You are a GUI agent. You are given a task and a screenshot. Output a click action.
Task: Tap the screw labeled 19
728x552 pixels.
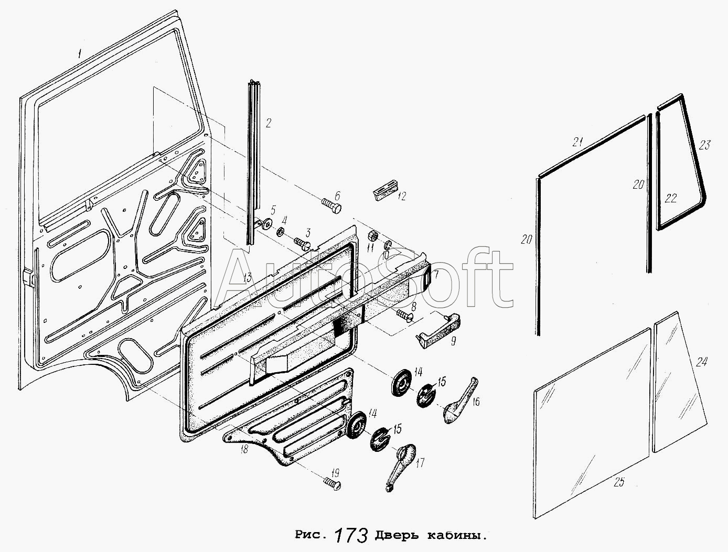pos(332,483)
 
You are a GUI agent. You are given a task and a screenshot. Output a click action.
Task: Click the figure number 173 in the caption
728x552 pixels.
pos(350,536)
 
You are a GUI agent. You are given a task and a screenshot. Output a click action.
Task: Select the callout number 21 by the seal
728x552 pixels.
pos(578,141)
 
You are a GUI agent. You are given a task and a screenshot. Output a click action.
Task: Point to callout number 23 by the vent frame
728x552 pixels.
pos(704,144)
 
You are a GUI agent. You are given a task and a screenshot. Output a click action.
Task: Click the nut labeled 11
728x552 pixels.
pos(371,234)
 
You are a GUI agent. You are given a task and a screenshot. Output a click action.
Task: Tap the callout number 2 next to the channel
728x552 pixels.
pos(268,124)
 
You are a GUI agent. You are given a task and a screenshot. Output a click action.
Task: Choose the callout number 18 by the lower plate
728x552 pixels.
pos(243,449)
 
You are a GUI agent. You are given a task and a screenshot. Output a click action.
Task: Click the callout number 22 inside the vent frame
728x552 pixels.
pos(671,198)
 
